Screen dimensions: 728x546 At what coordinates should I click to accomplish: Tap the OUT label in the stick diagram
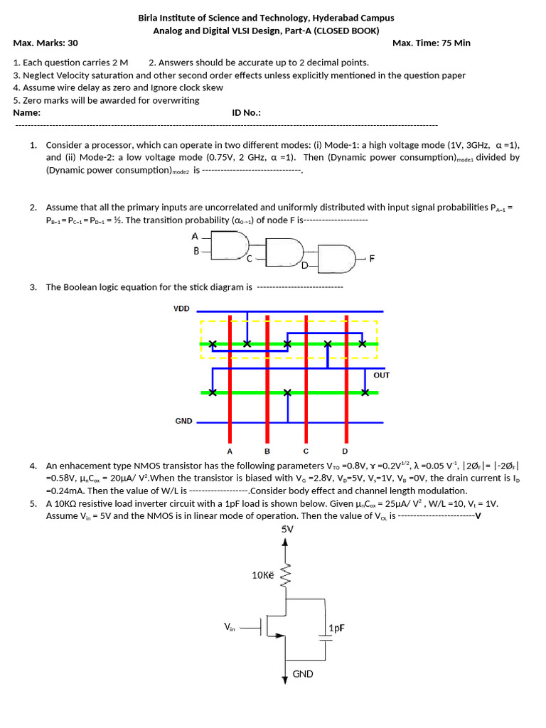381,375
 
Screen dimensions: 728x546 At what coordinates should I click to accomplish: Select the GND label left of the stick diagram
183,421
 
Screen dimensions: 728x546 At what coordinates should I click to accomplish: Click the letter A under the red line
230,451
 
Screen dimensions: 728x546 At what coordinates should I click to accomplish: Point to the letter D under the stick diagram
345,451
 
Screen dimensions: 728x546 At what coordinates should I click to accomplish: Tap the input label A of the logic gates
195,236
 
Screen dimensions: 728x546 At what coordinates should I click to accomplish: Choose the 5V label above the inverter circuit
287,529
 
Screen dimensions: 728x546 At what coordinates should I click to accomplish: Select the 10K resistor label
262,574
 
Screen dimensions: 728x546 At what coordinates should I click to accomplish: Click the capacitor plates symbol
326,638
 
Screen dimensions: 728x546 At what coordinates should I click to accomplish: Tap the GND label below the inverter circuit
303,674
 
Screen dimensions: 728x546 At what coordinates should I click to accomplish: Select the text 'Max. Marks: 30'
45,43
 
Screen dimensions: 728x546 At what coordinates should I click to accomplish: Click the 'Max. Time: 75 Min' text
432,43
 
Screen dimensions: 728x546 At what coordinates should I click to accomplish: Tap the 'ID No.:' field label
247,112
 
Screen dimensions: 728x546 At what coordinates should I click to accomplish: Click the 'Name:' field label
27,112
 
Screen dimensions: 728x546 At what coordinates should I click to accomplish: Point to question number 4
33,466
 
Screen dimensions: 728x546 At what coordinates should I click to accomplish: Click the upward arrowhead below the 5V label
286,542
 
